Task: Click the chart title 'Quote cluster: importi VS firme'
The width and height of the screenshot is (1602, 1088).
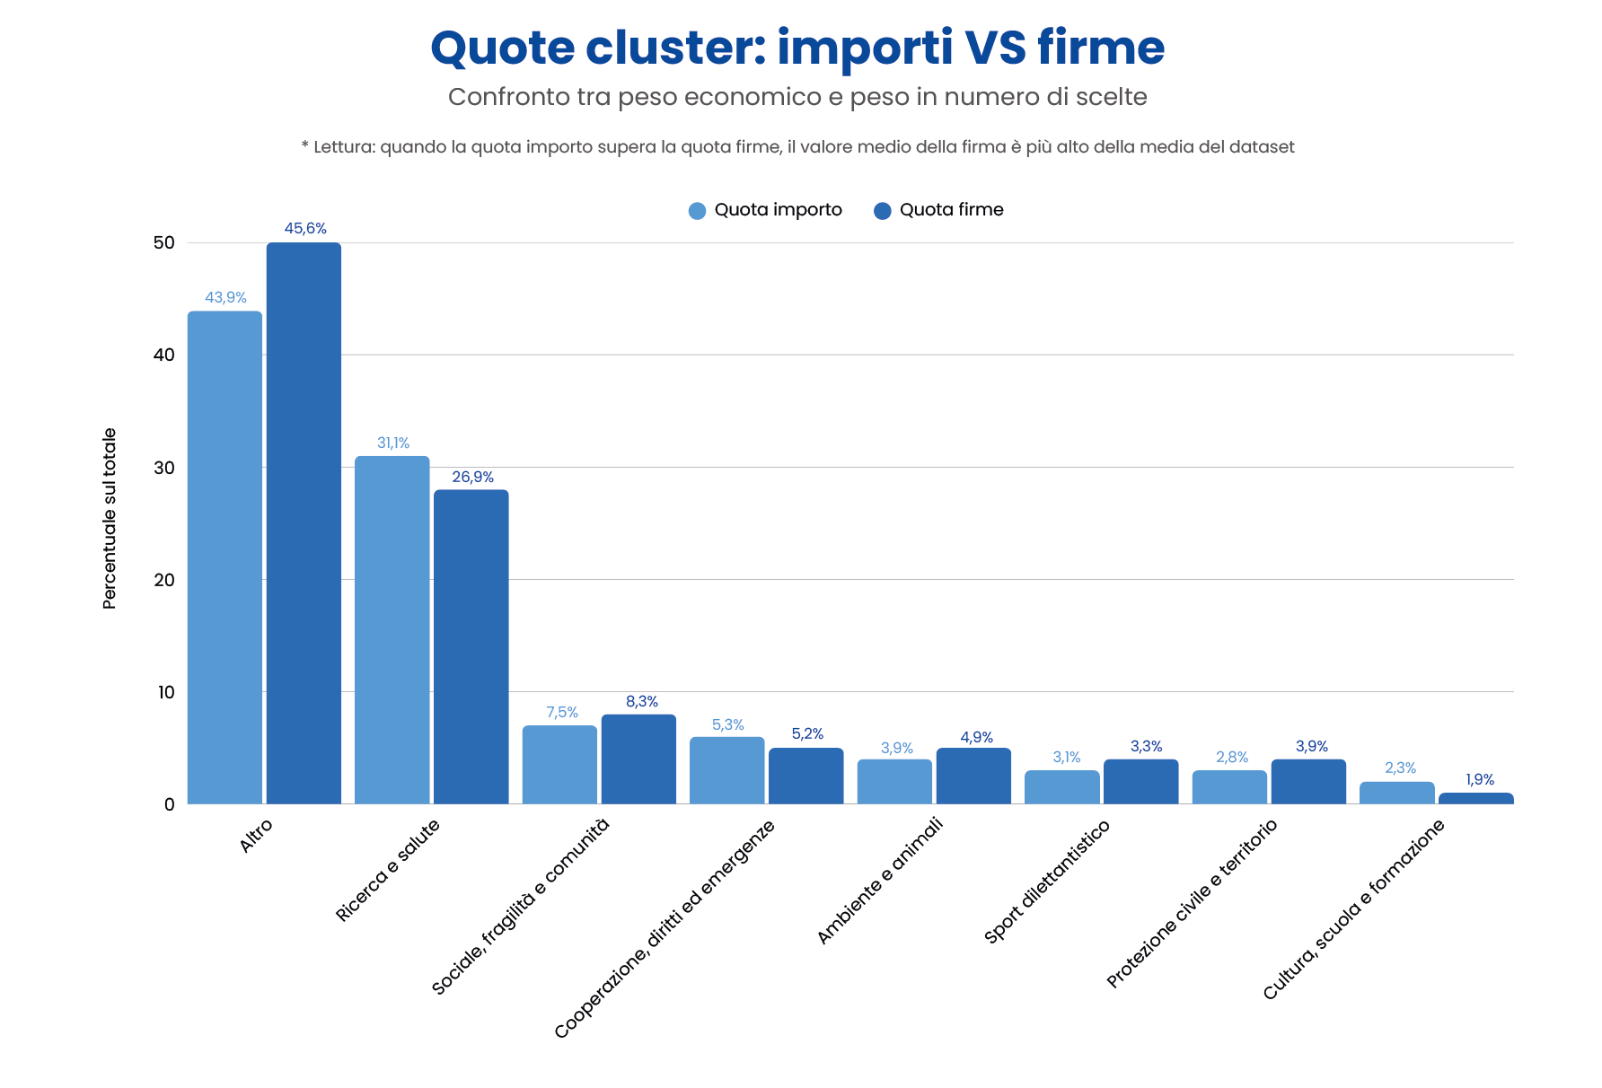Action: tap(797, 48)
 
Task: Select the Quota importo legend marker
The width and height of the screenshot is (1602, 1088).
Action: tap(698, 211)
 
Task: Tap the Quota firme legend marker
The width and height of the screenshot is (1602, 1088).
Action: tap(883, 211)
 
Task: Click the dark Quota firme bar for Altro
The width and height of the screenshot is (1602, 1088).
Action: tap(304, 523)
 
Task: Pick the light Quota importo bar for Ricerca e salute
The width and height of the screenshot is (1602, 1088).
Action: tap(392, 630)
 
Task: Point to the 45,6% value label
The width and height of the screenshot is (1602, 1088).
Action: tap(305, 229)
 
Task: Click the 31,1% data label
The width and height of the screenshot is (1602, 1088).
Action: tap(393, 443)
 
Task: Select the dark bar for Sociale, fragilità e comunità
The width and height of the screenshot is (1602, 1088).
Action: tap(638, 759)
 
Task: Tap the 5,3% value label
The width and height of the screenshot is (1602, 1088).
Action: tap(728, 724)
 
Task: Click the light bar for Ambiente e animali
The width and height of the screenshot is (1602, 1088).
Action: tap(894, 782)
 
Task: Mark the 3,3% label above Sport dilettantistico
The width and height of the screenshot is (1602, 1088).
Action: tap(1147, 747)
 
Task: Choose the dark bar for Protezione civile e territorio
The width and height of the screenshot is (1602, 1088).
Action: tap(1308, 782)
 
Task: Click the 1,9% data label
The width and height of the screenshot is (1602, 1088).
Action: tap(1480, 780)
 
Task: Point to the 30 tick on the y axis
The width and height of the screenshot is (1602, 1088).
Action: tap(164, 468)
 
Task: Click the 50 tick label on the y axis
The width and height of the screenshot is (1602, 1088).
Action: tap(164, 243)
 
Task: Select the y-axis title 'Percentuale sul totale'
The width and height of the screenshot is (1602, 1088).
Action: tap(110, 519)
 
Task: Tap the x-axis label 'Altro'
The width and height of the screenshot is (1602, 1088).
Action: tap(256, 836)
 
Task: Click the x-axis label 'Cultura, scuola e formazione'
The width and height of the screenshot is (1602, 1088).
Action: tap(1353, 909)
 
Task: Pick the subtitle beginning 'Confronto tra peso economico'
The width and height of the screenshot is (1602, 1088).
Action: tap(797, 97)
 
